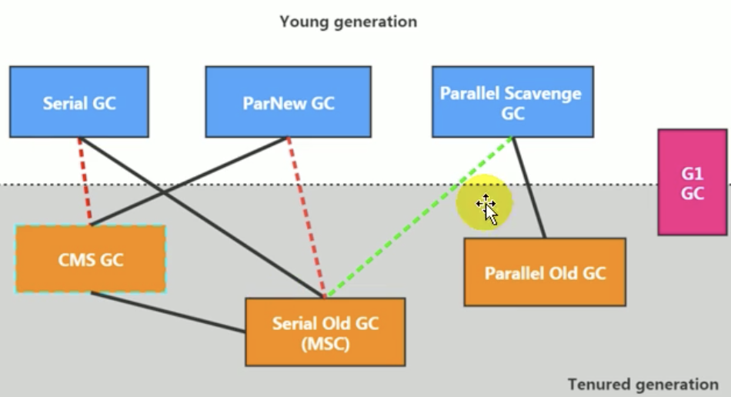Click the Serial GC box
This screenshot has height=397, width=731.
point(78,102)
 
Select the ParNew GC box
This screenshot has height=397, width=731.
point(288,102)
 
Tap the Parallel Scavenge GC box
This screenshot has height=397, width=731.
point(512,102)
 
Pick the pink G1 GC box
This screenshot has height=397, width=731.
point(692,182)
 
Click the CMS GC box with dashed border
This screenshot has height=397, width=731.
point(90,259)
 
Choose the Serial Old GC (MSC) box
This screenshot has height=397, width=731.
point(325,332)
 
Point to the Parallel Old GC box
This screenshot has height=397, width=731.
point(545,272)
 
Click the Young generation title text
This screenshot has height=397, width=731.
point(348,22)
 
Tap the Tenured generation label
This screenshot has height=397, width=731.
point(643,383)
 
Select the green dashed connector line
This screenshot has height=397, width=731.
point(419,217)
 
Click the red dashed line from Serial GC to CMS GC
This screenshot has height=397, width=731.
point(85,182)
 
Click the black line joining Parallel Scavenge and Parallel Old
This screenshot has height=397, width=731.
point(529,188)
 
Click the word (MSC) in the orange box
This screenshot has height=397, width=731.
point(325,344)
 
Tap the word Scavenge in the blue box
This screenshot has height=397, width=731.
point(542,94)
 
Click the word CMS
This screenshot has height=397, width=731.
point(75,259)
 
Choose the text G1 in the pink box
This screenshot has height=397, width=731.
point(692,174)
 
